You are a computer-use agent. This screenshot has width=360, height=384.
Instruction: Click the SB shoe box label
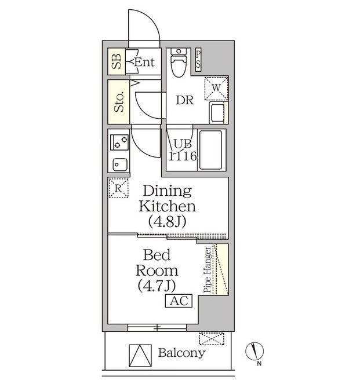pyautogui.click(x=117, y=61)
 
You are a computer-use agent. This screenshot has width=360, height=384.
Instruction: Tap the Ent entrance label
pyautogui.click(x=144, y=62)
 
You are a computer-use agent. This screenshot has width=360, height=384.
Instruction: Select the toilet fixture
pyautogui.click(x=179, y=63)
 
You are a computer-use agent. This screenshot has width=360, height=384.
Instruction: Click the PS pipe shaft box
pyautogui.click(x=198, y=60)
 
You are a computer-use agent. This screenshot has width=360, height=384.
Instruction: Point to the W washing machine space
pyautogui.click(x=216, y=88)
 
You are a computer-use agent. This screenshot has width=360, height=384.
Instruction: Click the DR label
pyautogui.click(x=185, y=100)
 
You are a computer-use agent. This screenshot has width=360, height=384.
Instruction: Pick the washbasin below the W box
pyautogui.click(x=217, y=112)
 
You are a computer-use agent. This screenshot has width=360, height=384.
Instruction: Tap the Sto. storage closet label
pyautogui.click(x=119, y=102)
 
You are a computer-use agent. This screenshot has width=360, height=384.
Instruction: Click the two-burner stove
pyautogui.click(x=119, y=142)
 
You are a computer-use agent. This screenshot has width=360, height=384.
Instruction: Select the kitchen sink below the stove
pyautogui.click(x=120, y=164)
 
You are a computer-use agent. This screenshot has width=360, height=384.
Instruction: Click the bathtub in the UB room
pyautogui.click(x=210, y=149)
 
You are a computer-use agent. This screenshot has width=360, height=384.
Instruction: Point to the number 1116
pyautogui.click(x=183, y=156)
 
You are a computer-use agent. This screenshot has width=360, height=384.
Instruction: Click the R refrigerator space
pyautogui.click(x=118, y=188)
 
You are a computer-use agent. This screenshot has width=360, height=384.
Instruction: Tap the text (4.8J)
pyautogui.click(x=167, y=221)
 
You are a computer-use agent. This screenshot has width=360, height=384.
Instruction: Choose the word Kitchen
pyautogui.click(x=167, y=206)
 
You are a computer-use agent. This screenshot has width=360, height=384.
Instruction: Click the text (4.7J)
pyautogui.click(x=157, y=286)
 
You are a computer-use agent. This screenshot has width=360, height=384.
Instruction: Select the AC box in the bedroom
pyautogui.click(x=179, y=301)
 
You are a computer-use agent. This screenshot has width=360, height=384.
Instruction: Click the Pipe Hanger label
pyautogui.click(x=208, y=270)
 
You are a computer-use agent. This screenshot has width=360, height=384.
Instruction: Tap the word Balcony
pyautogui.click(x=181, y=353)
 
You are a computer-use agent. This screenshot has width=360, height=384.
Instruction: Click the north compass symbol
pyautogui.click(x=254, y=352)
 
